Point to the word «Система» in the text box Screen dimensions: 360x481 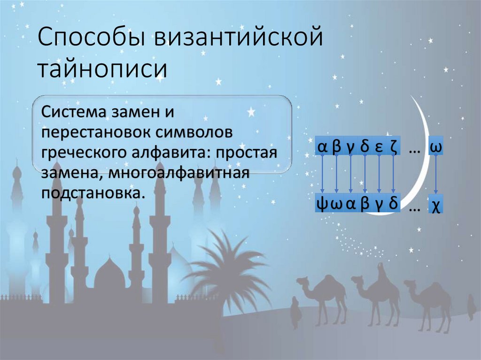click(73, 113)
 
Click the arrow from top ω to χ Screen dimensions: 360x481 click(436, 176)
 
